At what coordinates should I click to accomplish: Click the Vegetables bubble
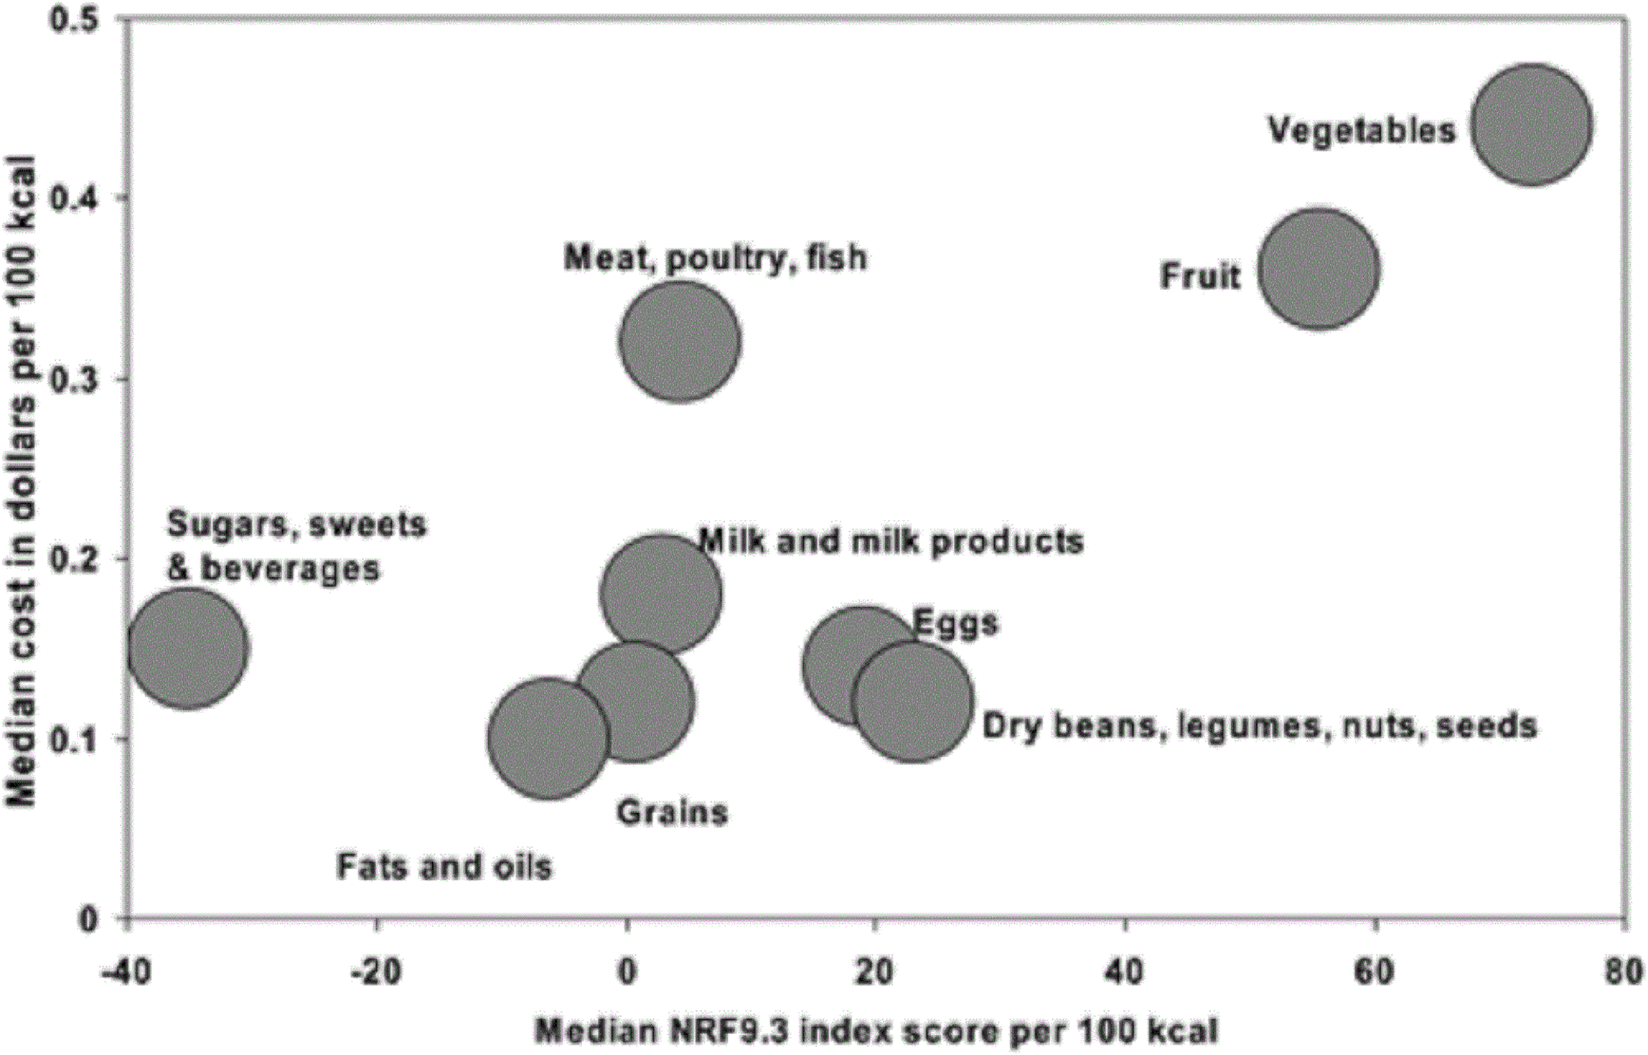[x=1531, y=125]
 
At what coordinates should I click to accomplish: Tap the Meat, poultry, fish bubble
[x=680, y=341]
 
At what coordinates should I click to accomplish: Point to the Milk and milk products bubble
[x=661, y=593]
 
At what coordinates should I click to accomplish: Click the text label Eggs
[x=955, y=623]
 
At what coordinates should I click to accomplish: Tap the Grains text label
[x=672, y=812]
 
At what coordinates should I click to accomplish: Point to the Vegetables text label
[x=1362, y=130]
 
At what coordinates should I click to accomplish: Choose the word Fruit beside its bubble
[x=1200, y=276]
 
